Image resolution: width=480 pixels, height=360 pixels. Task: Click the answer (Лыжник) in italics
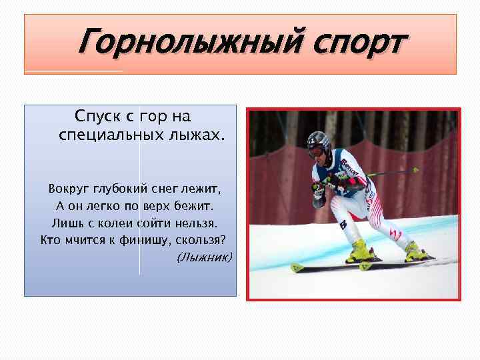pyautogui.click(x=204, y=257)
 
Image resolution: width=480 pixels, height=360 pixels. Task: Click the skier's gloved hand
pyautogui.click(x=319, y=189)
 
